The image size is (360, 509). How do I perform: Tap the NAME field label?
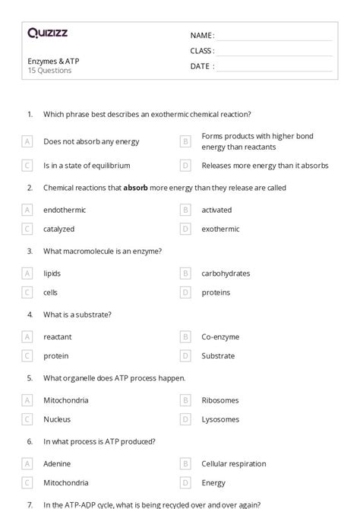coord(202,35)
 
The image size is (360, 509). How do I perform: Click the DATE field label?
coord(202,66)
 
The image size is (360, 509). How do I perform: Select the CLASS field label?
coord(202,51)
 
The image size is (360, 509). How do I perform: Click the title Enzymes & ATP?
coord(53,61)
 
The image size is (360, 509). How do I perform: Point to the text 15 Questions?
coord(50,71)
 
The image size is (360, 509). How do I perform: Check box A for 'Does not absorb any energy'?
coord(27,141)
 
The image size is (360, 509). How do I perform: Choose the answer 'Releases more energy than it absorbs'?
coord(264,165)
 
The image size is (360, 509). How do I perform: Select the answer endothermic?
coord(65,210)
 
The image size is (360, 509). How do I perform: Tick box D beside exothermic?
coord(185,229)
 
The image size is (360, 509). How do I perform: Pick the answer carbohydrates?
coord(226,273)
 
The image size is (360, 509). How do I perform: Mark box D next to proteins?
coord(185,292)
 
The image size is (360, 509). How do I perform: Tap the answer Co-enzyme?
coord(220,337)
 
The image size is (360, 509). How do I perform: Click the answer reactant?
coord(57,337)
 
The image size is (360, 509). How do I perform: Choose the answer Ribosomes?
coord(220,400)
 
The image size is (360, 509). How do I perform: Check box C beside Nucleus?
coord(27,419)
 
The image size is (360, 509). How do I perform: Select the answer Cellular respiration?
coord(233,463)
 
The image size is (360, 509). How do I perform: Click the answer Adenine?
coord(58,463)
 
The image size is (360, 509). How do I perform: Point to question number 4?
coord(30,315)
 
